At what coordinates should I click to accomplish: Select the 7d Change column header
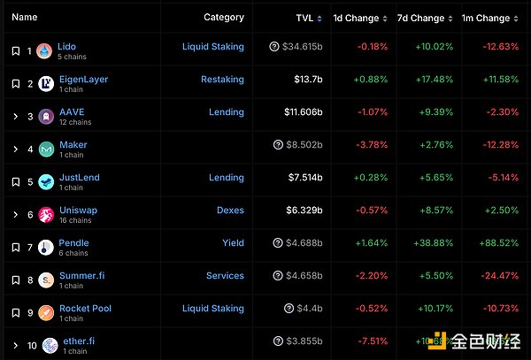[x=421, y=18]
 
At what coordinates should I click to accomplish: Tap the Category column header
[x=223, y=18]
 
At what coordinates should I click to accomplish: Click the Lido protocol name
[x=66, y=46]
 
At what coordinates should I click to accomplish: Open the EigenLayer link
[x=82, y=79]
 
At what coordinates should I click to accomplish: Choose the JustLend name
[x=79, y=177]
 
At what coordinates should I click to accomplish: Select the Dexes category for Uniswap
[x=230, y=211]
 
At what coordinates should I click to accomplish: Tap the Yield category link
[x=233, y=243]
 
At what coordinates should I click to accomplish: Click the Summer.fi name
[x=81, y=275]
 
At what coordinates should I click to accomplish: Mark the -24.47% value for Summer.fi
[x=496, y=276]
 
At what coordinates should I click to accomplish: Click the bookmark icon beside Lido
[x=15, y=51]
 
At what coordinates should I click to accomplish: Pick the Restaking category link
[x=222, y=79]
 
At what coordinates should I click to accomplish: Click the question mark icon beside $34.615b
[x=273, y=46]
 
